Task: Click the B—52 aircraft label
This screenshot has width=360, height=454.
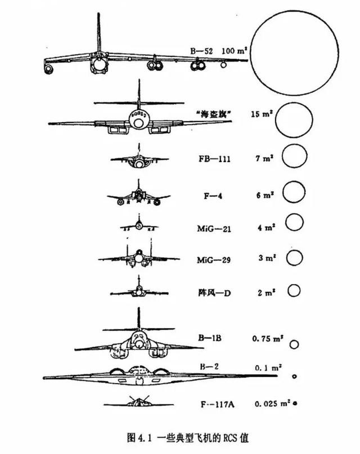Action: (201, 51)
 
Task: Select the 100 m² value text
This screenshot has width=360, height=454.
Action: (235, 51)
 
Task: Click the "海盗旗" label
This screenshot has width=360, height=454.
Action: (214, 114)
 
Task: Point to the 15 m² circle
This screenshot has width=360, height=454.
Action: (276, 120)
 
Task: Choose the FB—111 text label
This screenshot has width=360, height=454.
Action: (214, 159)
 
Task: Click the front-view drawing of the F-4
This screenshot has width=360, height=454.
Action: (138, 194)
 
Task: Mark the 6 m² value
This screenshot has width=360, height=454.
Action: (265, 195)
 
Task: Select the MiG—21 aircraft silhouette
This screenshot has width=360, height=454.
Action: (139, 224)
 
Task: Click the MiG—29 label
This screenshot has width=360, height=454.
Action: (214, 260)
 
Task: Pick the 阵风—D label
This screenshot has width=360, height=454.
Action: (214, 293)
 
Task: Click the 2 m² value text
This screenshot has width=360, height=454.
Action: (267, 293)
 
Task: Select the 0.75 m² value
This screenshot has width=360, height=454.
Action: (268, 338)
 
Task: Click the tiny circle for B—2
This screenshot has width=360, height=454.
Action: (295, 376)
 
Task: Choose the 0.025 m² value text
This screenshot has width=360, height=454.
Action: (273, 403)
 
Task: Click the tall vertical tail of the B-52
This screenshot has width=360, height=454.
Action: (98, 32)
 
